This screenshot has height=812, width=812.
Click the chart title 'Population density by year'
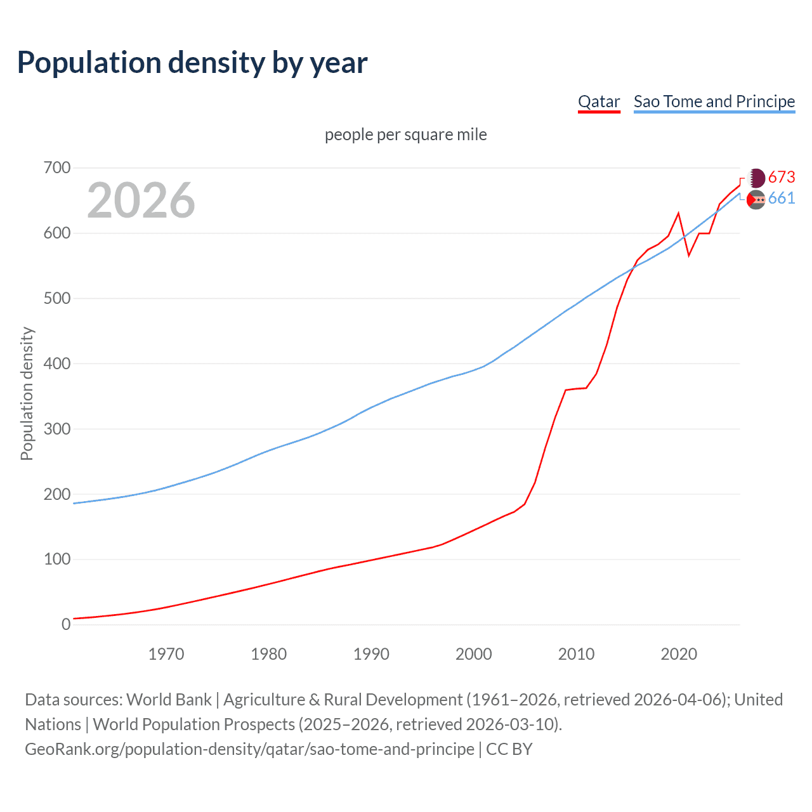192,63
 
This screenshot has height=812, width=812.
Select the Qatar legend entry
598,101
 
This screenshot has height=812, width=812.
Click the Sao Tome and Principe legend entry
714,101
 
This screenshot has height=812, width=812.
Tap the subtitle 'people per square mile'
405,134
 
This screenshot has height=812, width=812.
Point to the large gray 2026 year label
141,200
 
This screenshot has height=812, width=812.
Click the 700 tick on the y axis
57,168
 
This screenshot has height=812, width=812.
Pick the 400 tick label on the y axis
57,363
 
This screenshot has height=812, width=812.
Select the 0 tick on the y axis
66,624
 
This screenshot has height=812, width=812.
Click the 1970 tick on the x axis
166,654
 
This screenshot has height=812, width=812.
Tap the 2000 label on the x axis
474,654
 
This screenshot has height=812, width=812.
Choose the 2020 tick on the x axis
679,654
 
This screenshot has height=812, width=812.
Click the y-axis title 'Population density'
27,393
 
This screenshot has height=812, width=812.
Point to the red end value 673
782,177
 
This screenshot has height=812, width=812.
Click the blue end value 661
782,199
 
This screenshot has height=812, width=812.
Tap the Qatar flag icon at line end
757,178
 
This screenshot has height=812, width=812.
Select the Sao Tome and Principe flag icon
756,200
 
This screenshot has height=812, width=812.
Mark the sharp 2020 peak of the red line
679,213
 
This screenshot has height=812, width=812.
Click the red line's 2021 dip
689,256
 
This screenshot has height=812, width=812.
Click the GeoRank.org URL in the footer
249,749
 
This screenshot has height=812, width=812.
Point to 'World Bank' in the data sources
169,700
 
